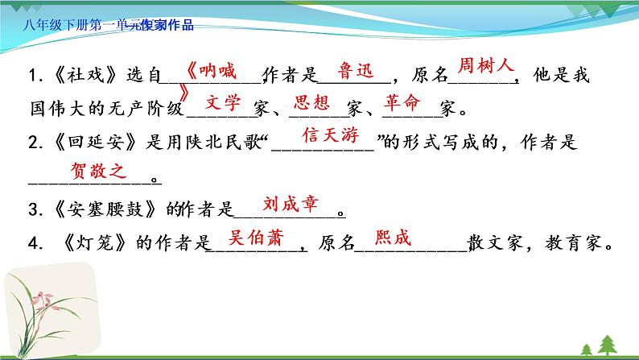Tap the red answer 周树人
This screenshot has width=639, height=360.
(x=484, y=64)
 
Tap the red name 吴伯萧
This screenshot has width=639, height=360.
(x=256, y=238)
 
